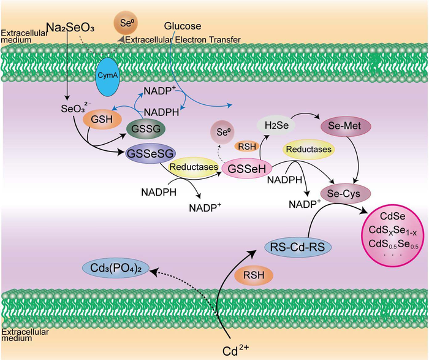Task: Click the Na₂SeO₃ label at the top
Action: click(x=71, y=27)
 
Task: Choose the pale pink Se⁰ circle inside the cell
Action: click(x=222, y=131)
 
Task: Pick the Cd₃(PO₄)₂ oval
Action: click(x=116, y=267)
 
